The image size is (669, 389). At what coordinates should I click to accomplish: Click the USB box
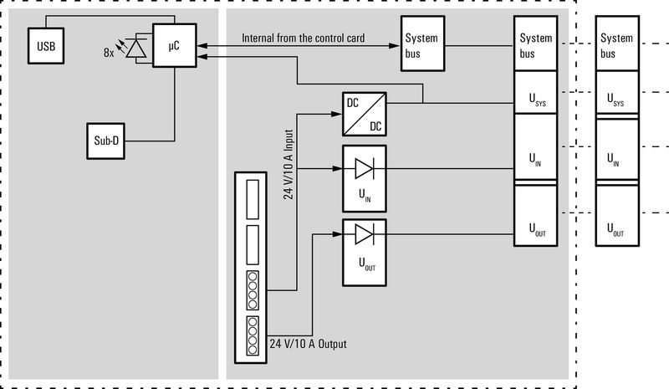(44, 45)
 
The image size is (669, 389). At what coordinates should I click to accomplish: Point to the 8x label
(109, 52)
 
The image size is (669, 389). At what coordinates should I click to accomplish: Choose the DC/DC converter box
(364, 114)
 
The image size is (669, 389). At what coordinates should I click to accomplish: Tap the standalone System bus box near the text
(421, 45)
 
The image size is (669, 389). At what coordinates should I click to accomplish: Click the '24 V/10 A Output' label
(308, 344)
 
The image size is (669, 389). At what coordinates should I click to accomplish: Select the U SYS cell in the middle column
(536, 100)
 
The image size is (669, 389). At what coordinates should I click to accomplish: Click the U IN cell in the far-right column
(616, 160)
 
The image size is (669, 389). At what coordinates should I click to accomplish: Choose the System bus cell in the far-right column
(616, 45)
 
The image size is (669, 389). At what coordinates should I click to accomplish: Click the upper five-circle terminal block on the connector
(252, 290)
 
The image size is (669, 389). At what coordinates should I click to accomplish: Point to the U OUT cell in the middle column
(536, 227)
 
